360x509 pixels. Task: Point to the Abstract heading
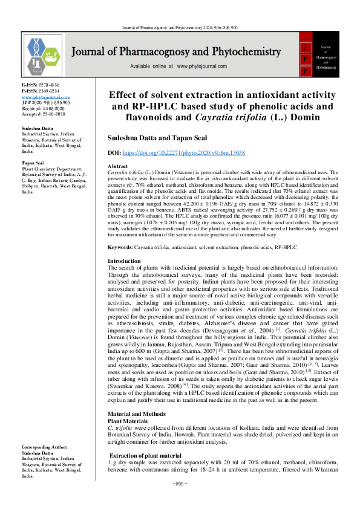(117, 166)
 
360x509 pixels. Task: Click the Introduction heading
(125, 260)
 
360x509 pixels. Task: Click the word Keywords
(120, 248)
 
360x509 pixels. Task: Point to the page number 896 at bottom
(180, 484)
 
